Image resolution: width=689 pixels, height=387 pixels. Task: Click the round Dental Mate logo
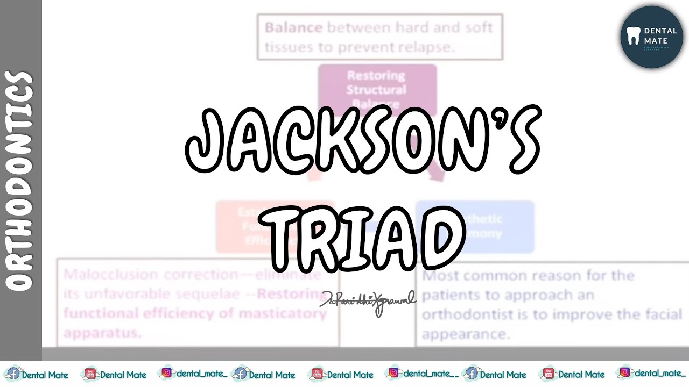coord(651,37)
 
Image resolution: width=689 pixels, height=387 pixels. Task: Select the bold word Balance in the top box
coord(293,27)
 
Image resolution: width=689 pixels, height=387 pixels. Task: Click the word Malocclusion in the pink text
coord(110,275)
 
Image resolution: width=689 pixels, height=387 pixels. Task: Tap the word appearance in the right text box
coord(465,334)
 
